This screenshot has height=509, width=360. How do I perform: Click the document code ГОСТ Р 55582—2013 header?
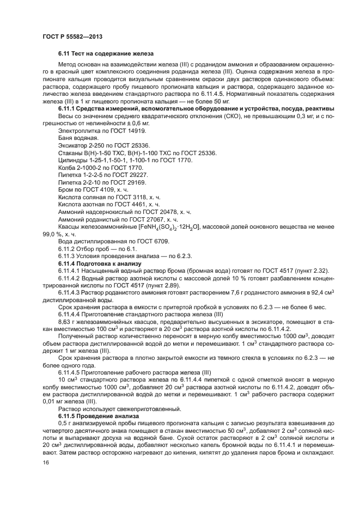tap(72, 36)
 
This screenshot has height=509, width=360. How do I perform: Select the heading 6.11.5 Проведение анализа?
tap(100, 415)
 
